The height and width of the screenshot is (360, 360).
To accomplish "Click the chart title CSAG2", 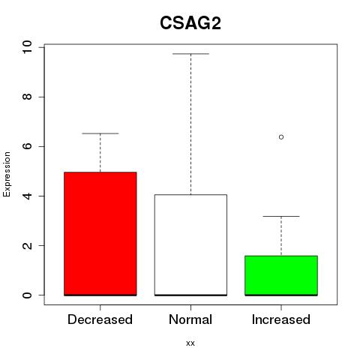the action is click(x=190, y=23).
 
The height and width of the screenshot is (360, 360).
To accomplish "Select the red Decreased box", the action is click(x=100, y=234).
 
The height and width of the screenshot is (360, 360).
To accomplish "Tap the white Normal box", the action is click(x=190, y=245).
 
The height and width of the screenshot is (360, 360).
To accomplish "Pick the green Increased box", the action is click(x=281, y=275).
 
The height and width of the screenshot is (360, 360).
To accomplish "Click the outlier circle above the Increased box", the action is click(x=281, y=137).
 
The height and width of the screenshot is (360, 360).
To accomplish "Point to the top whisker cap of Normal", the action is click(x=190, y=54).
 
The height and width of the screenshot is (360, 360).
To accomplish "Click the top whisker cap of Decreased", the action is click(x=100, y=133).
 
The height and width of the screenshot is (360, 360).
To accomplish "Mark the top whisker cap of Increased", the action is click(x=281, y=216).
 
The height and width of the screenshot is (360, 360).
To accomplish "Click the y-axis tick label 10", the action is click(x=27, y=47).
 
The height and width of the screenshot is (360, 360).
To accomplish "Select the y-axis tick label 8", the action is click(x=27, y=97).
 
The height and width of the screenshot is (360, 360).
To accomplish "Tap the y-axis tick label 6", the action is click(x=27, y=146).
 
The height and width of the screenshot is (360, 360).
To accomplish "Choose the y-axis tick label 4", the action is click(x=27, y=196).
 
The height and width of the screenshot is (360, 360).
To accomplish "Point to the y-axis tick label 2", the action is click(x=27, y=245).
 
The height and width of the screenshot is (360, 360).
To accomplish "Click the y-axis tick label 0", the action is click(x=27, y=295).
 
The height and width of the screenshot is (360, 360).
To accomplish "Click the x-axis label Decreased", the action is click(x=100, y=319).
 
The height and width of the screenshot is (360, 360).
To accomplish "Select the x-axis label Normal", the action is click(x=190, y=319).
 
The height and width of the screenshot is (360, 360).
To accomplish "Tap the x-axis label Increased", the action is click(x=281, y=319).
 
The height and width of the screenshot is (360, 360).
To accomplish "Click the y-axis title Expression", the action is click(x=7, y=174).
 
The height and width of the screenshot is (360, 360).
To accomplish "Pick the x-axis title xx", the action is click(x=190, y=343).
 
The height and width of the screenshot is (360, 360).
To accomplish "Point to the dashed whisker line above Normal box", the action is click(x=190, y=124).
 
